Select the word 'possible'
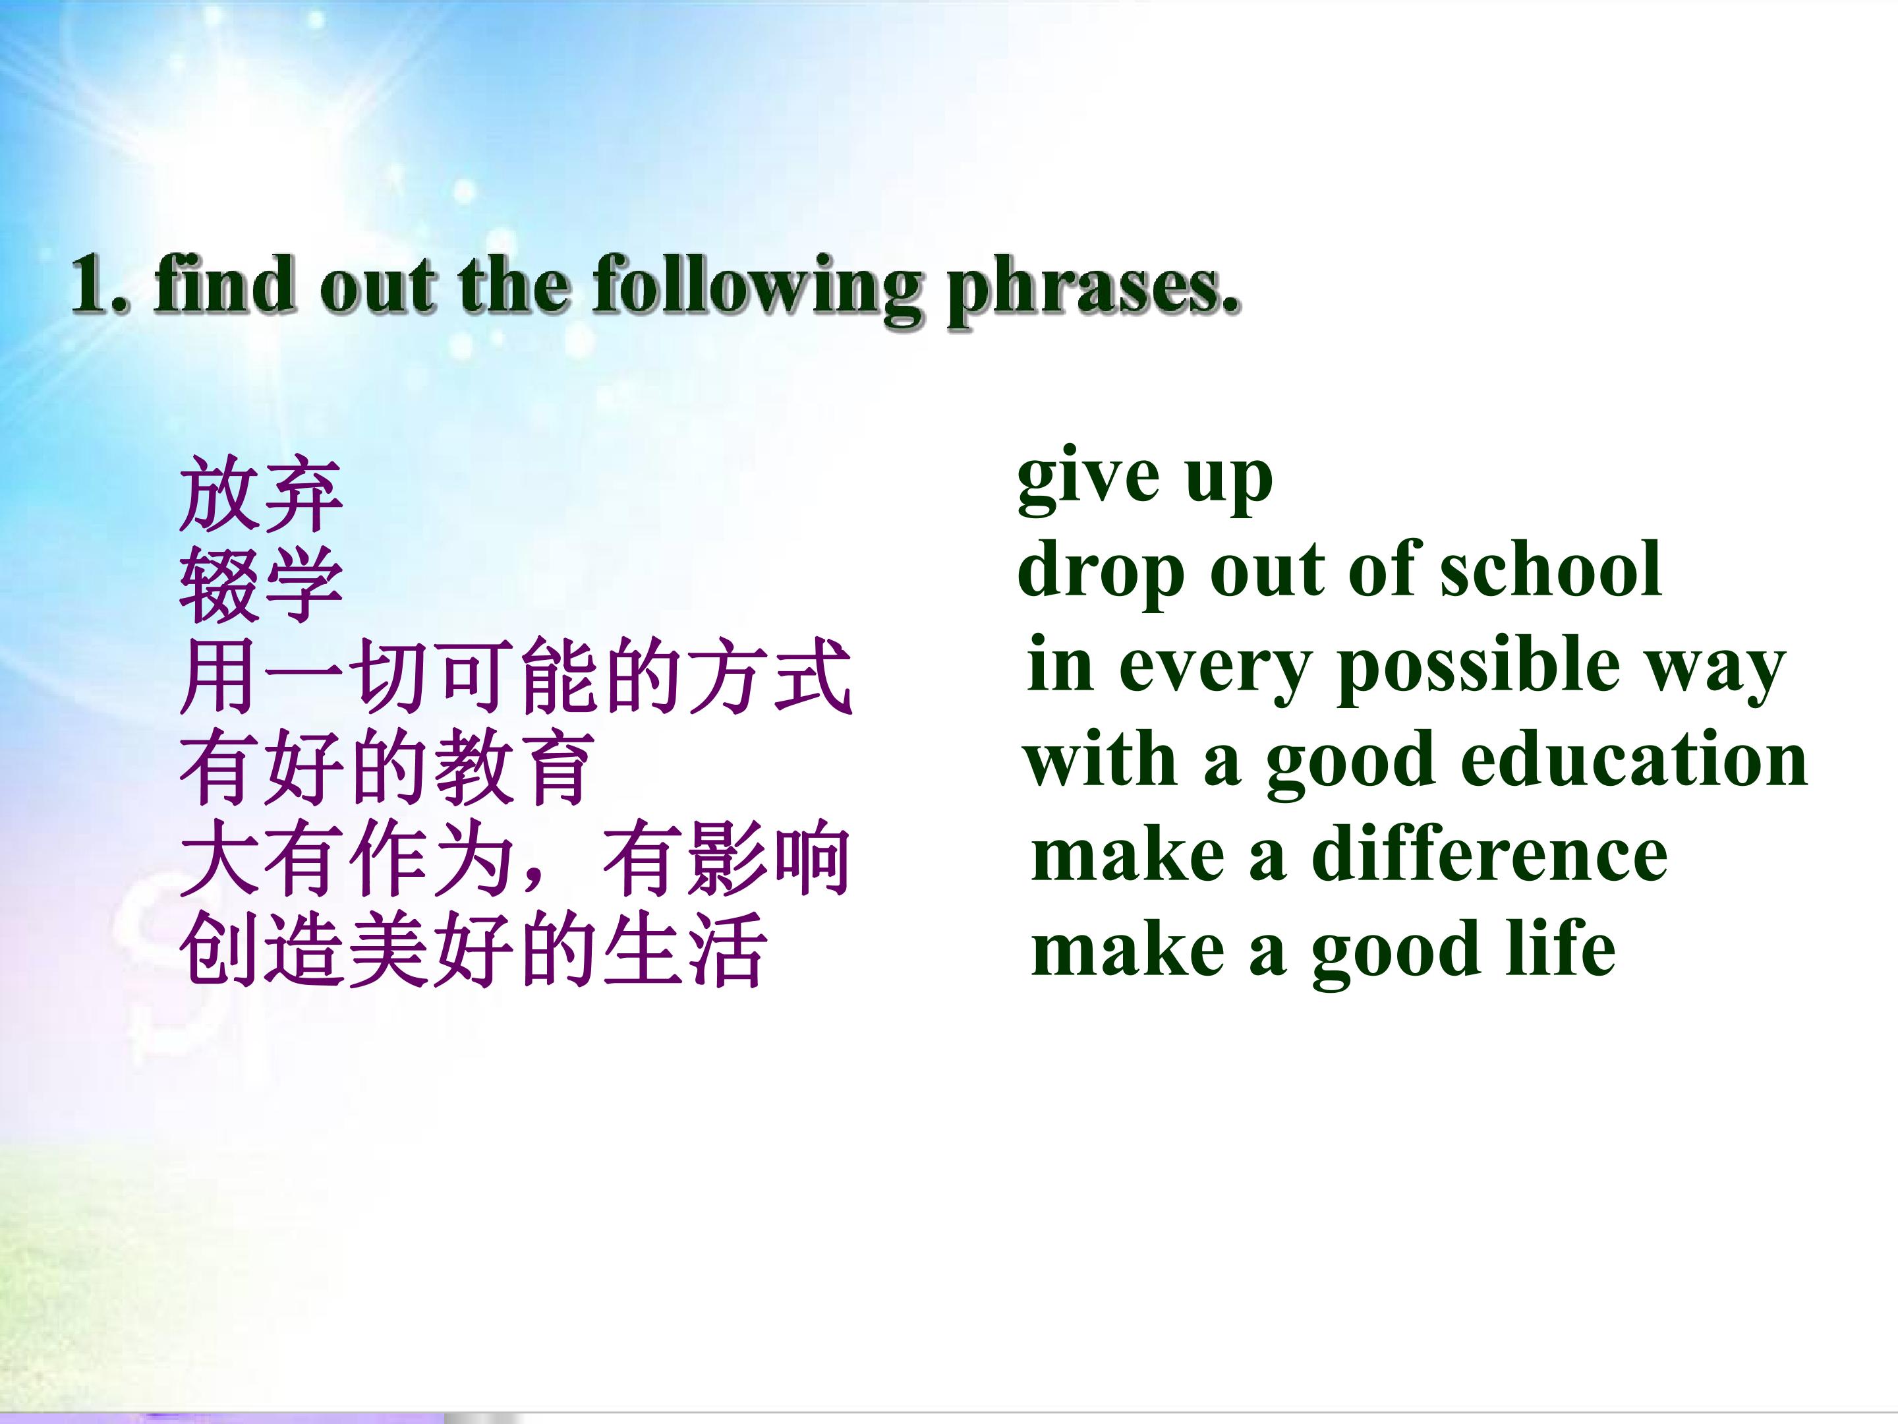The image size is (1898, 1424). (x=1478, y=668)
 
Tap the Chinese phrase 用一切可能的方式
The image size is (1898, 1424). (x=515, y=676)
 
